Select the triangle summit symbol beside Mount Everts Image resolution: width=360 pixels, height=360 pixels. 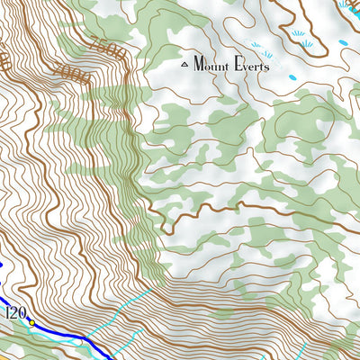pos(186,64)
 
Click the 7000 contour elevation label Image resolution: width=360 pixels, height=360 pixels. pos(72,74)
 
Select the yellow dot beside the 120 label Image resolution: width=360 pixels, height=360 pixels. pos(31,321)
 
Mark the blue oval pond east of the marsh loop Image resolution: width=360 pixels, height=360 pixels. pos(344,43)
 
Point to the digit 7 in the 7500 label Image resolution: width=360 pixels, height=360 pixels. pos(93,41)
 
